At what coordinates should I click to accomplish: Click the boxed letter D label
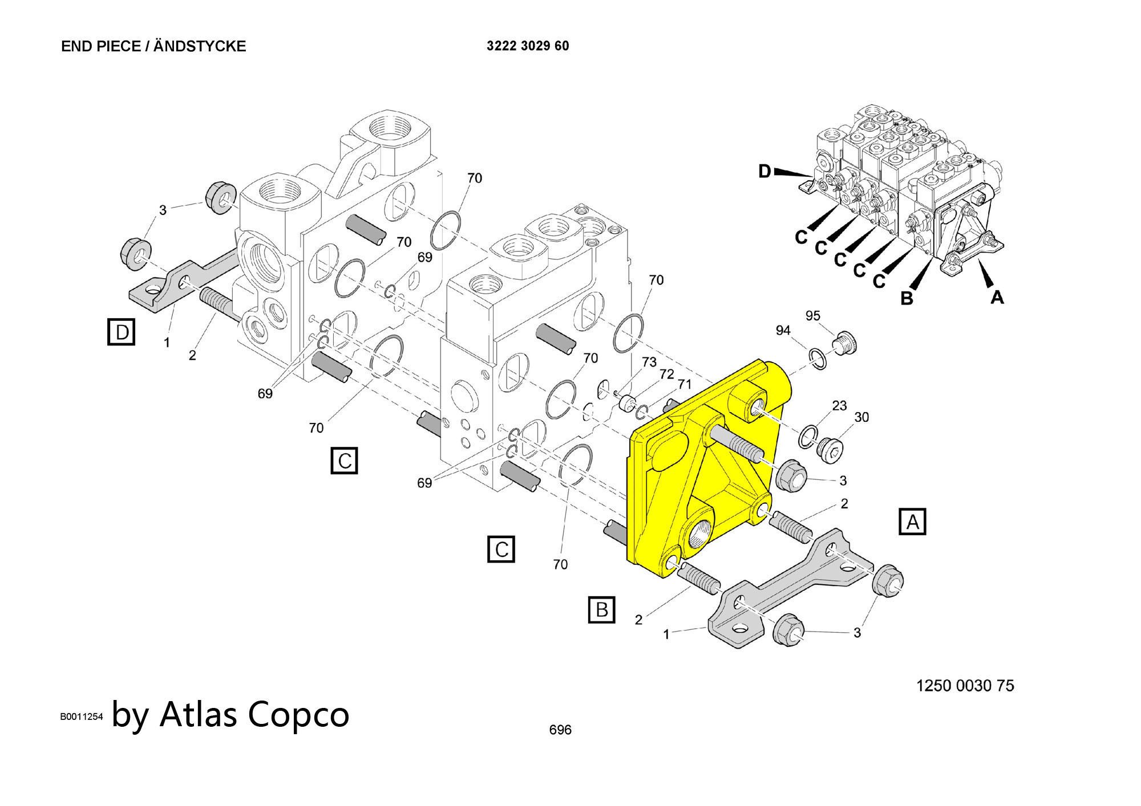(122, 332)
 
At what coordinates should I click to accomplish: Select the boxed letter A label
(912, 522)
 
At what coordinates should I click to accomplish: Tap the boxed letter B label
(602, 610)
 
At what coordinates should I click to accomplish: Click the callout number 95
(813, 316)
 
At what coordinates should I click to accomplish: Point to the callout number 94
(783, 331)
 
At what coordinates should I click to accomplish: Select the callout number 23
(839, 406)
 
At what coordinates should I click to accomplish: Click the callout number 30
(861, 417)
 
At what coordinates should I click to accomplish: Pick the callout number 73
(649, 363)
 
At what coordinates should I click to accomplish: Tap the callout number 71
(685, 385)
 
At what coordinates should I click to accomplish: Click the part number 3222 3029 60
(528, 46)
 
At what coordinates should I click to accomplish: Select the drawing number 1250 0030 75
(965, 686)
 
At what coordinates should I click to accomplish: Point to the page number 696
(560, 730)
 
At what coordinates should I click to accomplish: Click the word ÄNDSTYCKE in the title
(200, 46)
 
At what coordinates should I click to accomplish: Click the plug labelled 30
(831, 448)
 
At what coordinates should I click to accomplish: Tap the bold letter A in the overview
(997, 296)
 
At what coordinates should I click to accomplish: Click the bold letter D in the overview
(765, 171)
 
